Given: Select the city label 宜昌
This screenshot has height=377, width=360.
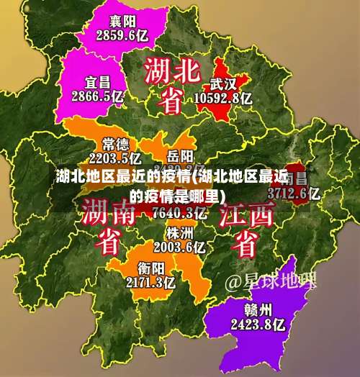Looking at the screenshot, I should pyautogui.click(x=98, y=80).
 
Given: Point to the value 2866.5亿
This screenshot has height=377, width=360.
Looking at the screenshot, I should pyautogui.click(x=98, y=94).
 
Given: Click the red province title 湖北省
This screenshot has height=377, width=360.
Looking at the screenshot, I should pyautogui.click(x=171, y=85).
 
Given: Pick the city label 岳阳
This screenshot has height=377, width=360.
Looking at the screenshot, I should pyautogui.click(x=180, y=155).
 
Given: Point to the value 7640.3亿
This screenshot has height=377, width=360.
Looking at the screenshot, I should pyautogui.click(x=180, y=212).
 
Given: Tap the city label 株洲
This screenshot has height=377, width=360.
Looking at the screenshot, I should pyautogui.click(x=180, y=233).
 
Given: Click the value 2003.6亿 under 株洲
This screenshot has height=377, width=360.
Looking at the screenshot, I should pyautogui.click(x=180, y=247).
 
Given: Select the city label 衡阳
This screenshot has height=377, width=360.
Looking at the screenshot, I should pyautogui.click(x=150, y=268).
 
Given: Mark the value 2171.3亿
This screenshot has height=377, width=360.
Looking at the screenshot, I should pyautogui.click(x=150, y=282).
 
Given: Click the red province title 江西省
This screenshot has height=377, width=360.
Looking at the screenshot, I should pyautogui.click(x=248, y=229).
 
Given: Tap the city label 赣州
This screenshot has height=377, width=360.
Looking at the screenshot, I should pyautogui.click(x=257, y=311).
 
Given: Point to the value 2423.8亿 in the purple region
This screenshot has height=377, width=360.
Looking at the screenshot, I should pyautogui.click(x=257, y=324).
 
